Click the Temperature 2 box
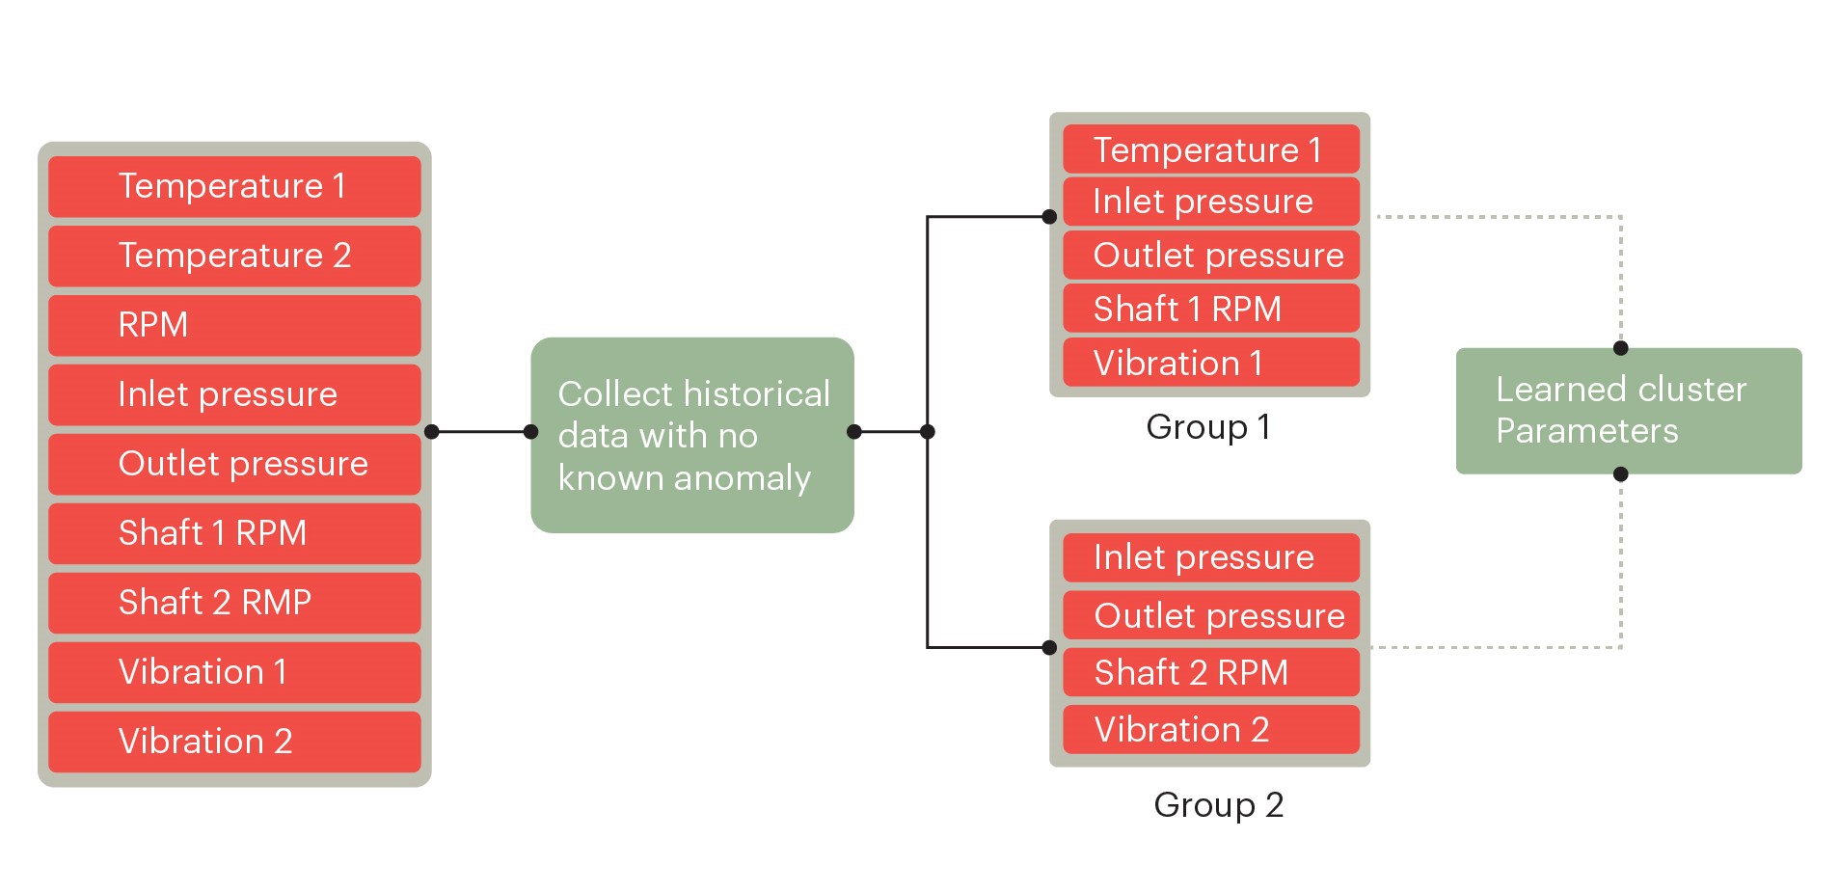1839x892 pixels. point(234,256)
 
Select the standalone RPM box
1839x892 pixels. point(234,325)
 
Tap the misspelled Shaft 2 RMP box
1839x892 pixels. point(234,603)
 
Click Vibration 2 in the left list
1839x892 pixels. point(234,742)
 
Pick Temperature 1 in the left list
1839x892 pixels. point(234,186)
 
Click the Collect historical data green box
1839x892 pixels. point(692,435)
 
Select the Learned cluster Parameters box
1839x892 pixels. point(1628,411)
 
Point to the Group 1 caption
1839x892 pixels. point(1208,427)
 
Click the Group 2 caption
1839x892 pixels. point(1218,805)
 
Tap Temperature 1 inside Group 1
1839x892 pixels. point(1210,149)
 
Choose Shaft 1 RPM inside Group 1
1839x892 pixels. point(1210,309)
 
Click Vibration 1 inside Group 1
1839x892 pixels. point(1210,363)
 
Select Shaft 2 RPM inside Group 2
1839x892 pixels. point(1210,672)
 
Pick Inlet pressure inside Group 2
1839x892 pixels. point(1210,557)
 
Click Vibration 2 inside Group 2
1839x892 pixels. point(1210,730)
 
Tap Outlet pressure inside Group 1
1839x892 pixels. point(1210,255)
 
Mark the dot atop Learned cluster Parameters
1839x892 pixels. point(1621,348)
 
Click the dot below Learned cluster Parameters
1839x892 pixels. point(1621,474)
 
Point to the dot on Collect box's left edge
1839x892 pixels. point(531,432)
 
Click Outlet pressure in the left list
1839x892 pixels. point(234,464)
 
